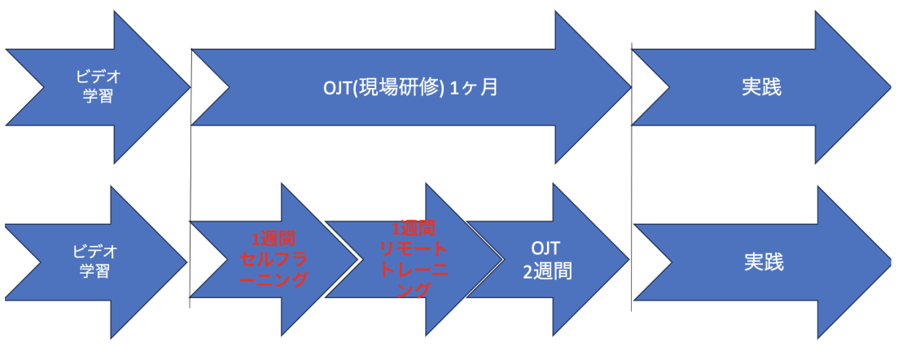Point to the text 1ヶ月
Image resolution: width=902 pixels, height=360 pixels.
[x=471, y=87]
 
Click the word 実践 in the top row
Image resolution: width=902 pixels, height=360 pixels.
[x=761, y=87]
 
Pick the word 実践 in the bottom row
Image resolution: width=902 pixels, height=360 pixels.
[x=763, y=262]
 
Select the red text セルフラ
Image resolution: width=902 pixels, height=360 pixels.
[x=274, y=261]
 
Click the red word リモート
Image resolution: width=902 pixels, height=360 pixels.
[x=414, y=248]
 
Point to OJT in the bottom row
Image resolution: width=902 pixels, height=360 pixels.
[x=546, y=247]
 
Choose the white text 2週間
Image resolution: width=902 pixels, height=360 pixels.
[x=547, y=270]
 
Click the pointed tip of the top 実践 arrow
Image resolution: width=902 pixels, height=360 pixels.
[x=891, y=86]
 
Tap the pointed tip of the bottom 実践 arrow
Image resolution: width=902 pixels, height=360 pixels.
[x=891, y=262]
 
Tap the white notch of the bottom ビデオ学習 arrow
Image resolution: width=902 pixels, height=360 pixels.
[x=24, y=262]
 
